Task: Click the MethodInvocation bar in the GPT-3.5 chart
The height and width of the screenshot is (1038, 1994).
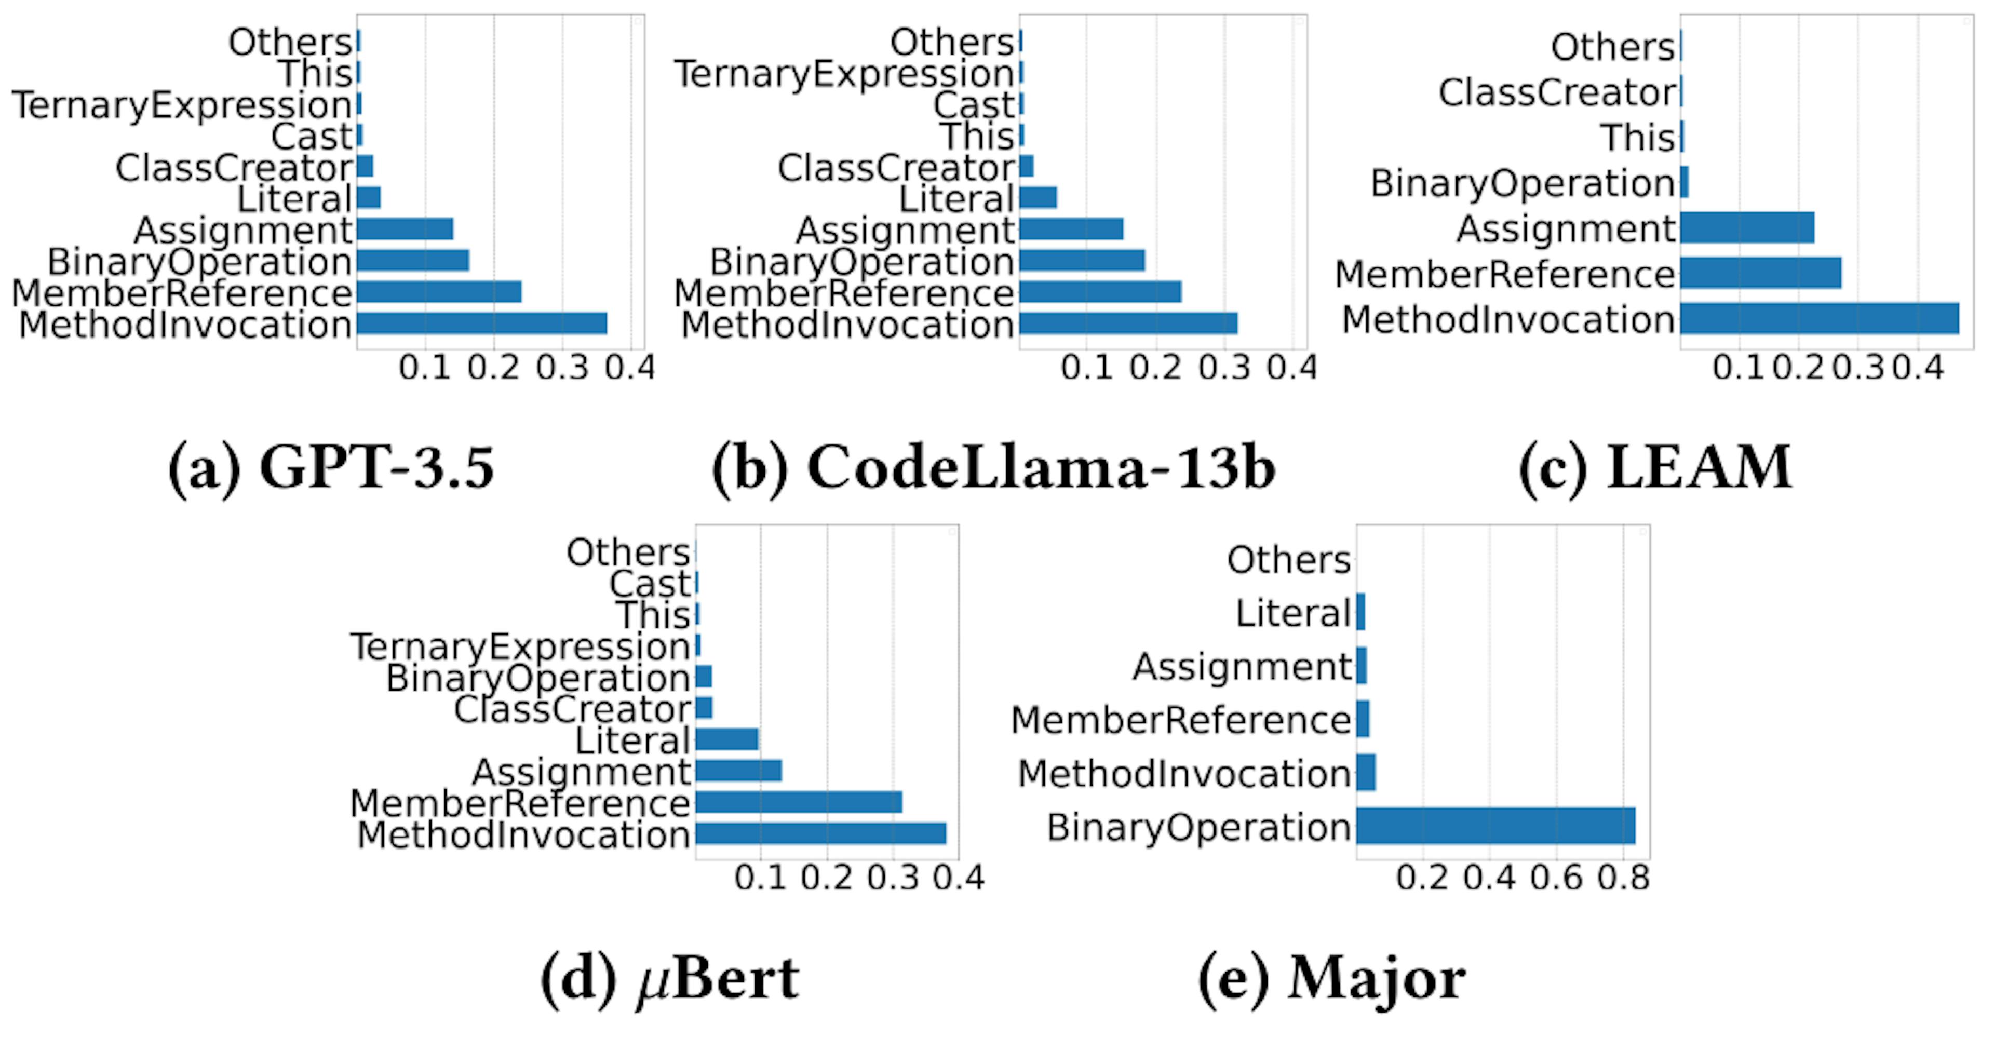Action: coord(481,323)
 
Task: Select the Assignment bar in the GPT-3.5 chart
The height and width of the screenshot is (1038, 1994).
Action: coord(405,229)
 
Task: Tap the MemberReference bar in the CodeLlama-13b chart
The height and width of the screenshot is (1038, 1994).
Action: coord(1100,292)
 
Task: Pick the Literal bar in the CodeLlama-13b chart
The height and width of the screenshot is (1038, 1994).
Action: coord(1038,198)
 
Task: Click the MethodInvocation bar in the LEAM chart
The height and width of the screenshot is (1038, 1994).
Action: coord(1819,318)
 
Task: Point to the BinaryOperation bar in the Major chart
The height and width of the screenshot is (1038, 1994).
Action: coord(1495,826)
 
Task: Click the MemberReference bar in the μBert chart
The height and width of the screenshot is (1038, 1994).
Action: coord(798,802)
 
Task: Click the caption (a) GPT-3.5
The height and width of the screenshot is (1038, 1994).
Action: coord(331,467)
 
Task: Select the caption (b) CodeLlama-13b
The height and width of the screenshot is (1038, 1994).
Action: coord(993,467)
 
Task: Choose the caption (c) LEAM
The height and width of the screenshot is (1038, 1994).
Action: coord(1655,467)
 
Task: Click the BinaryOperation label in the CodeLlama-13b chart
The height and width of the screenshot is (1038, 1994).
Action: coord(861,262)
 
